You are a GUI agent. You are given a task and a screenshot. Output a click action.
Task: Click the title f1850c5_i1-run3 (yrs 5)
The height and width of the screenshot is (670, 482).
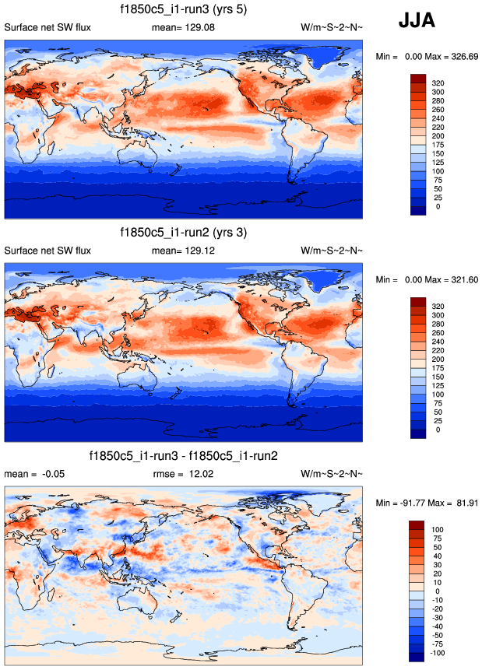pos(184,10)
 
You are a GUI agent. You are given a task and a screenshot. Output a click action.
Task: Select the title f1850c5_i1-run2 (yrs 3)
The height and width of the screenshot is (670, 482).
pos(184,233)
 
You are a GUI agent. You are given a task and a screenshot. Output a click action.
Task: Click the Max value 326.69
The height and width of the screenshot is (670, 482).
pos(457,57)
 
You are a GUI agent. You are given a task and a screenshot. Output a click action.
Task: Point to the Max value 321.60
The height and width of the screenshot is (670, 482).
pos(457,279)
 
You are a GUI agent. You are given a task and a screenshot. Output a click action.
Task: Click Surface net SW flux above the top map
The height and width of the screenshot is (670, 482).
pos(47,28)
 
